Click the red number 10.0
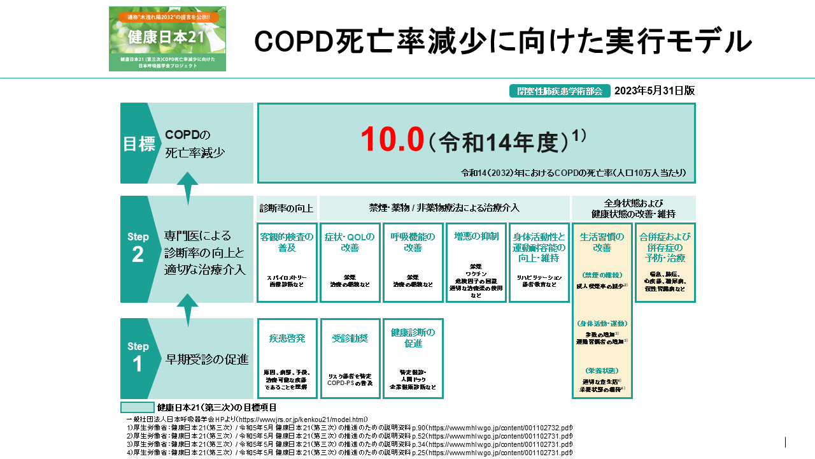(x=392, y=140)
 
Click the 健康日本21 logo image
(x=167, y=39)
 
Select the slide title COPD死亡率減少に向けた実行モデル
(x=503, y=41)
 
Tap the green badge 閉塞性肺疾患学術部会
(x=560, y=91)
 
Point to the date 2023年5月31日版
(x=655, y=91)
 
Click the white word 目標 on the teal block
(x=139, y=143)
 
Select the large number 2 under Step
(x=138, y=254)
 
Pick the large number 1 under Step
(x=138, y=364)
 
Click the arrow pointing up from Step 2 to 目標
(x=187, y=188)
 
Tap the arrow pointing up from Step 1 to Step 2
(x=187, y=310)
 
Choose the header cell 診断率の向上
(x=287, y=208)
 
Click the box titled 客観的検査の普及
(x=287, y=262)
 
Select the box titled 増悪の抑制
(x=476, y=262)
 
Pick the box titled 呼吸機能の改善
(x=413, y=262)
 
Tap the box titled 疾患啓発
(x=287, y=358)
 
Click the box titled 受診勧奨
(x=350, y=358)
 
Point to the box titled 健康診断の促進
(x=413, y=358)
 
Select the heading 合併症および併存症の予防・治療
(x=665, y=247)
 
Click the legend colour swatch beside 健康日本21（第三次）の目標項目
(x=138, y=407)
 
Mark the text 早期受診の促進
(x=207, y=359)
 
